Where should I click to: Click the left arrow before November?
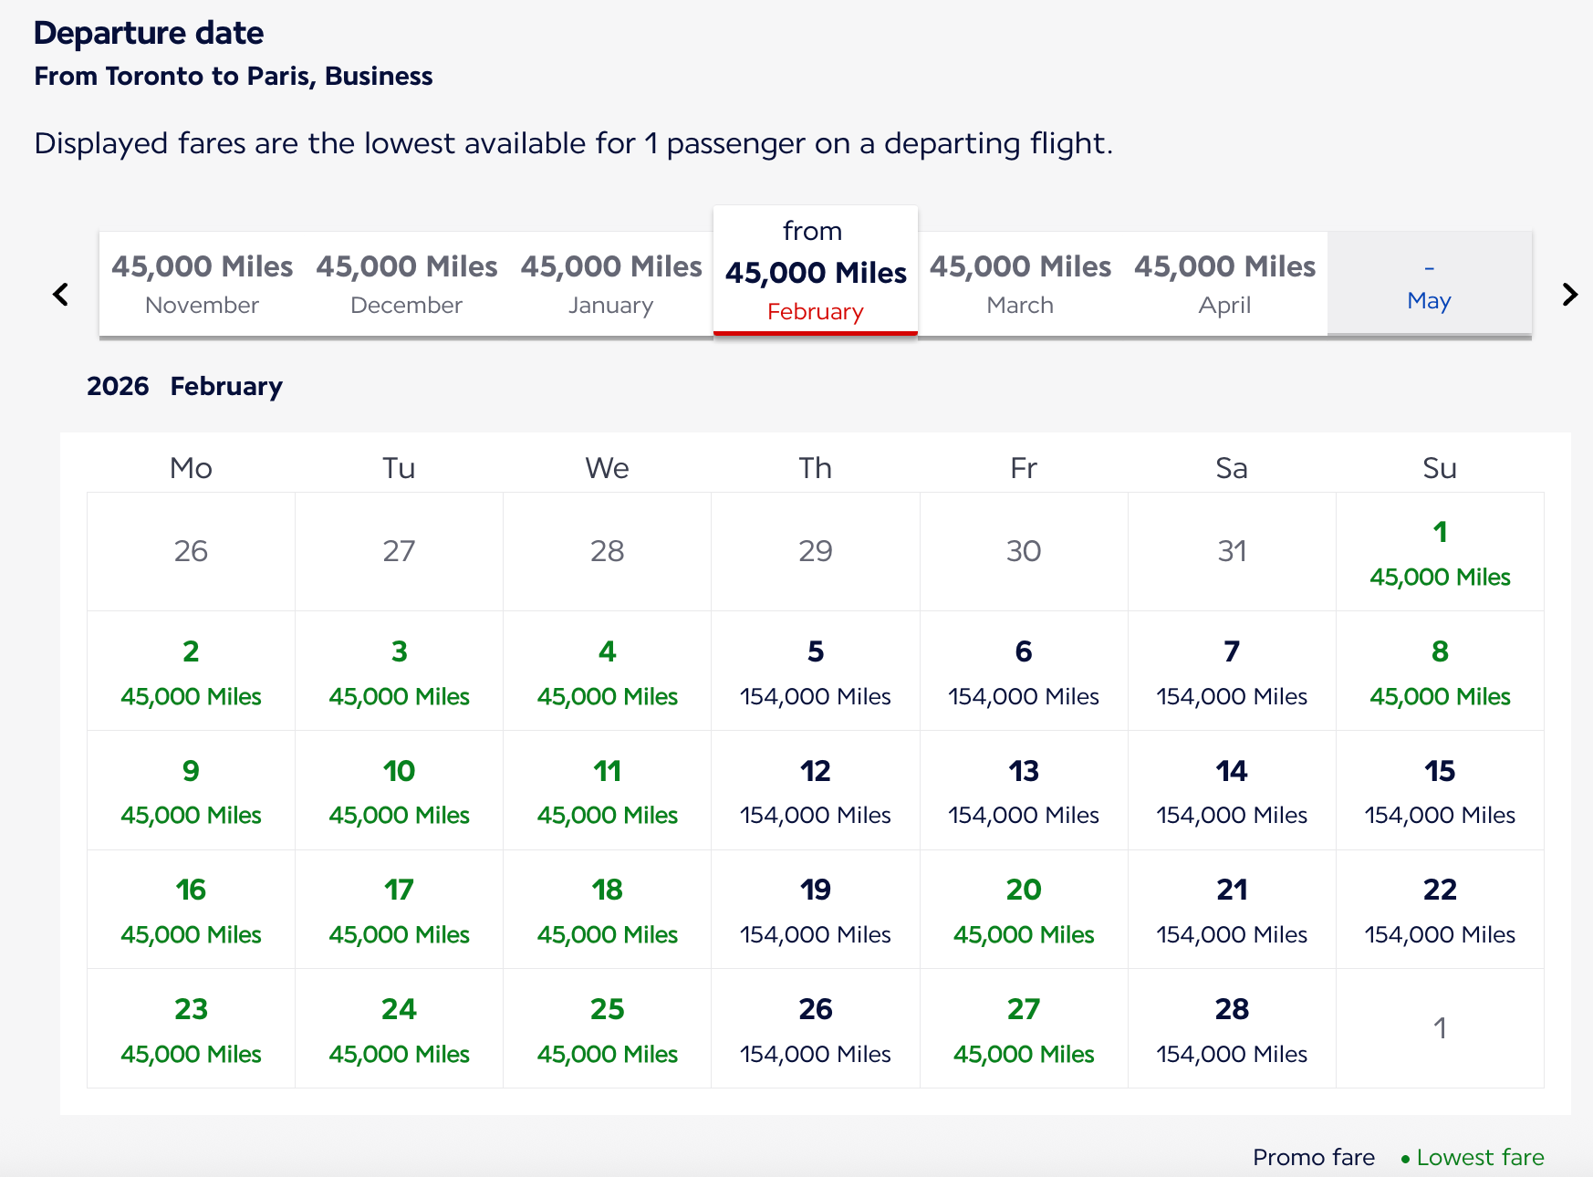coord(61,294)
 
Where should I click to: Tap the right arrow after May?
coord(1569,294)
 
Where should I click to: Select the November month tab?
coord(202,284)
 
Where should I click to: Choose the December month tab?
coord(407,284)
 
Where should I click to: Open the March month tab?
coord(1020,284)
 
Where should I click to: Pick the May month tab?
coord(1429,285)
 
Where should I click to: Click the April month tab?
coord(1224,284)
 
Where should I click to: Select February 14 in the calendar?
coord(1232,791)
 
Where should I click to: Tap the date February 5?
coord(816,672)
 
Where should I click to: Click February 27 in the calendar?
coord(1024,1029)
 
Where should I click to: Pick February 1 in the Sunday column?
coord(1440,552)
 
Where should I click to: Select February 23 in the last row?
coord(191,1029)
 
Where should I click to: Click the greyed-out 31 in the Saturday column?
coord(1232,551)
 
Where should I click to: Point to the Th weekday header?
coord(816,468)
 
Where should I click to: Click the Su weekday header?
coord(1440,468)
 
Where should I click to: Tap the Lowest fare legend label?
coord(1479,1157)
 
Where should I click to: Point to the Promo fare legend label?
coord(1313,1157)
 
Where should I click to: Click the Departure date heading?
coord(149,33)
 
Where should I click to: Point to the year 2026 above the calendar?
coord(118,386)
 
